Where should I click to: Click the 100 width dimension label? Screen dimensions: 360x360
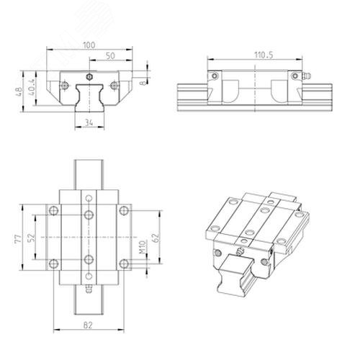[x=89, y=45]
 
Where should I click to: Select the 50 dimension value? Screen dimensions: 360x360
[x=110, y=56]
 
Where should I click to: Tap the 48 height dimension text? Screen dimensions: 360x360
[x=19, y=91]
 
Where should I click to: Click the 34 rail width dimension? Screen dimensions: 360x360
[x=89, y=123]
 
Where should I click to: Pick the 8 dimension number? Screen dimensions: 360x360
[x=143, y=83]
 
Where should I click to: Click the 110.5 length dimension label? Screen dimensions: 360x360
[x=264, y=55]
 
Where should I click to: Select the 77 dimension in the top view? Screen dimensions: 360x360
[x=18, y=239]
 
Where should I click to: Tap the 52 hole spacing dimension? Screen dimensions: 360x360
[x=31, y=238]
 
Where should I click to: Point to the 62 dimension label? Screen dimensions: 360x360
[x=156, y=238]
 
